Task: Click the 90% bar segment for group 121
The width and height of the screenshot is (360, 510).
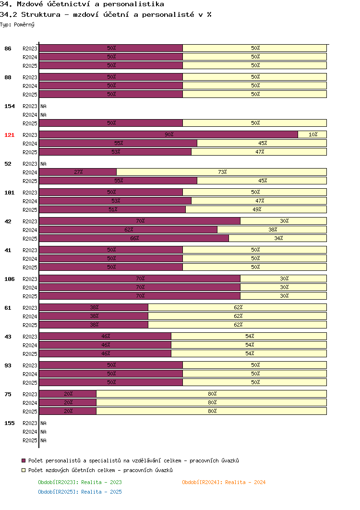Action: [x=168, y=134]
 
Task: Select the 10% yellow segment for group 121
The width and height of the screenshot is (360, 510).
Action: [x=312, y=134]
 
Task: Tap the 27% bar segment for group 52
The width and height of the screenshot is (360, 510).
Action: [x=78, y=172]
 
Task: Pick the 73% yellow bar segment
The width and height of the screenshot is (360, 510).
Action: [x=221, y=172]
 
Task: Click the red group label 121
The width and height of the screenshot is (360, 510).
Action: [x=10, y=135]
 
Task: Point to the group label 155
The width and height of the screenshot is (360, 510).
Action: [x=10, y=423]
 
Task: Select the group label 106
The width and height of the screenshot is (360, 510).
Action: [x=10, y=279]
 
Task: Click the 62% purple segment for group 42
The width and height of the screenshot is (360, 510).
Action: [x=128, y=230]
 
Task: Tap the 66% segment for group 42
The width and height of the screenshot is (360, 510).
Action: [x=134, y=238]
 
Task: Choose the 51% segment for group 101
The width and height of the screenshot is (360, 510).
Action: [x=112, y=209]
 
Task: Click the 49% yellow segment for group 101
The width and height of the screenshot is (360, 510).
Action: [x=256, y=209]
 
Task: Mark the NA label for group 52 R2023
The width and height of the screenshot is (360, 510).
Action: [x=43, y=164]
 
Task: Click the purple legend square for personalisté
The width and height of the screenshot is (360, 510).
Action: [x=24, y=461]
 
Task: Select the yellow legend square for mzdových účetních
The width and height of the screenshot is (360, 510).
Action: [x=24, y=470]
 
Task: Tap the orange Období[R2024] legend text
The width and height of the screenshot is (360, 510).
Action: [x=224, y=482]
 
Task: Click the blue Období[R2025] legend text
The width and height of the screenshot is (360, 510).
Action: [x=80, y=492]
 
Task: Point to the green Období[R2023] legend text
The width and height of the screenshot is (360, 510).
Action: [x=80, y=482]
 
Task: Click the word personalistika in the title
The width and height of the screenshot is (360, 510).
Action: [x=133, y=4]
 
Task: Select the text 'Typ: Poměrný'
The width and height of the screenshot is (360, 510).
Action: [x=17, y=24]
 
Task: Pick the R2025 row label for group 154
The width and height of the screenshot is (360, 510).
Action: [x=30, y=123]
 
